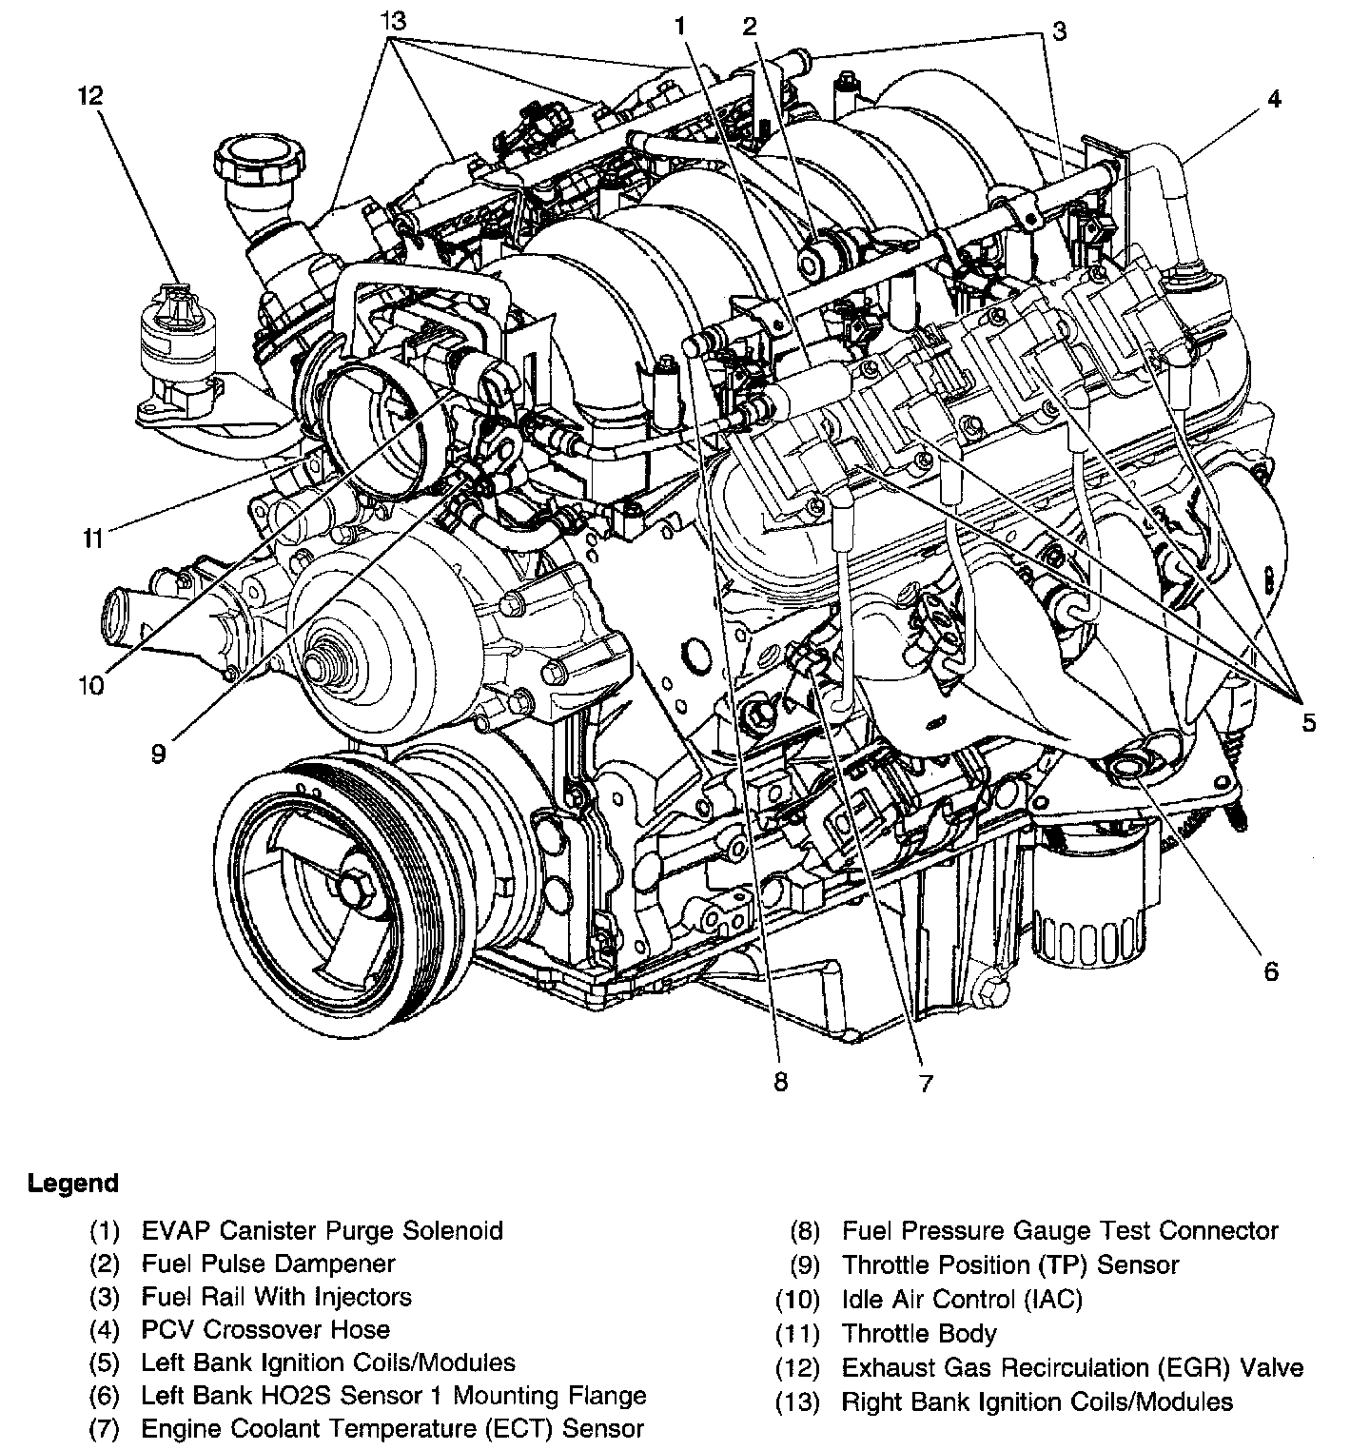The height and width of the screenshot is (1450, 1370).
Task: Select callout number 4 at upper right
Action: point(1274,98)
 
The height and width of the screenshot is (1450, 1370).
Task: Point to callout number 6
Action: point(1271,970)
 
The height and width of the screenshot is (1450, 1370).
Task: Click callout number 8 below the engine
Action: point(780,1082)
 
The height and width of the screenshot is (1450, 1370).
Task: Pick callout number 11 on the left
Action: point(91,539)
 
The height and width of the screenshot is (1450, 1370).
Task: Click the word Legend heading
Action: point(73,1184)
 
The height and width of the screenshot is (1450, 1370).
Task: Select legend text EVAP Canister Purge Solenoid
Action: point(322,1230)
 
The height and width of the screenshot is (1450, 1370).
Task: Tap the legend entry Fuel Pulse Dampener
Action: point(267,1264)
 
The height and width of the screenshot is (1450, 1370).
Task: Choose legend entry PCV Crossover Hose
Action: point(265,1329)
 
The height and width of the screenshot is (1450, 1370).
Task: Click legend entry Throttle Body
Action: point(919,1334)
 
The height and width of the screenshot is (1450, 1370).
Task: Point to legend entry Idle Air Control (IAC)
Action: point(962,1299)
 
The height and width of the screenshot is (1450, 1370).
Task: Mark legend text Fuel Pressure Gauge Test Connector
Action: point(1060,1230)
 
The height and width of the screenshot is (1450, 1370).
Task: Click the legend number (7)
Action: point(105,1428)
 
